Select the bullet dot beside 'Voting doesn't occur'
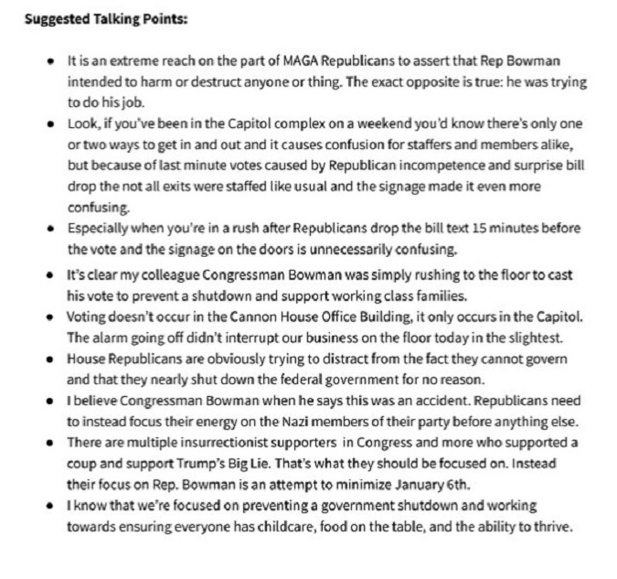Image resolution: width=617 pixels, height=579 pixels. point(50,316)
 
